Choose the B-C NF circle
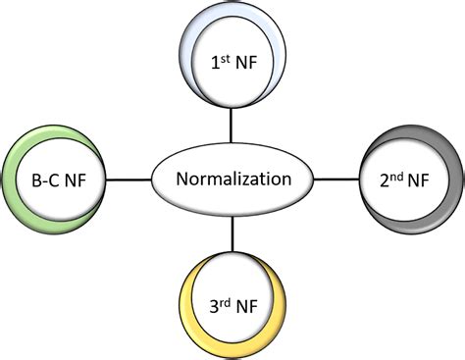[56, 179]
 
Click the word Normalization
[232, 180]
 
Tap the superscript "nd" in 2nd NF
[397, 174]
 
